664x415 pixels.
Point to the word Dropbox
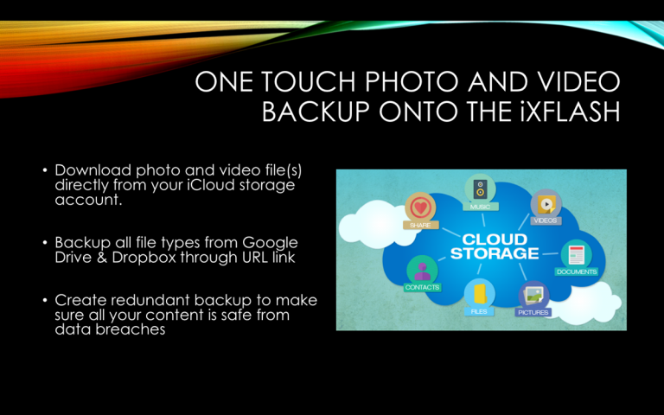pyautogui.click(x=144, y=258)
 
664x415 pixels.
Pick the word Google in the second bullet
pyautogui.click(x=270, y=243)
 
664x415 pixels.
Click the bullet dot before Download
pyautogui.click(x=45, y=170)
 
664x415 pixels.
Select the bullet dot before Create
pyautogui.click(x=45, y=300)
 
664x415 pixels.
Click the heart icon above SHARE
pyautogui.click(x=420, y=207)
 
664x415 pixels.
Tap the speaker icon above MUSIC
pyautogui.click(x=480, y=188)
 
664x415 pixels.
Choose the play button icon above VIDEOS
pyautogui.click(x=546, y=204)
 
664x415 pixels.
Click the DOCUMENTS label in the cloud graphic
pyautogui.click(x=577, y=271)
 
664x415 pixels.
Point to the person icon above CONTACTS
pyautogui.click(x=422, y=270)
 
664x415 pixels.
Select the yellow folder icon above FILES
pyautogui.click(x=479, y=293)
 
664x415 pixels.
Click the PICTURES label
pyautogui.click(x=533, y=312)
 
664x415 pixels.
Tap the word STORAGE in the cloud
pyautogui.click(x=495, y=253)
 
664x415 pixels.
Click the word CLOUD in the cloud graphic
pyautogui.click(x=495, y=239)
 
